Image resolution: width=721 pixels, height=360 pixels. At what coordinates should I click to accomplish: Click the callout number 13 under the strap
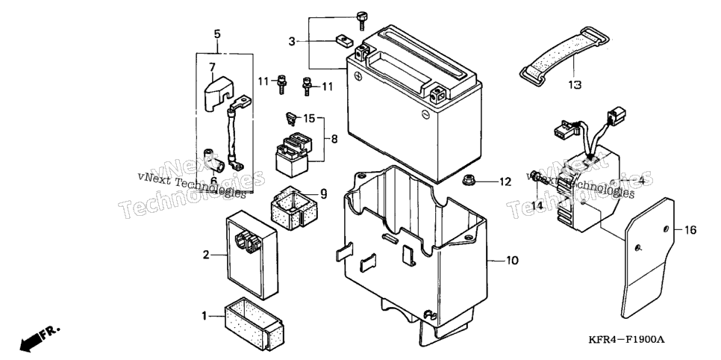(574, 84)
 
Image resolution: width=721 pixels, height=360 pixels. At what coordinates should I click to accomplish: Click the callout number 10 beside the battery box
(512, 261)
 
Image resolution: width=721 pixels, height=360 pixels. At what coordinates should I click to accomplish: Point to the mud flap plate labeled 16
(647, 258)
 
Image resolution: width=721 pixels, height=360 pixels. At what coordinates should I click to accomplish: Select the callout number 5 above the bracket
(217, 34)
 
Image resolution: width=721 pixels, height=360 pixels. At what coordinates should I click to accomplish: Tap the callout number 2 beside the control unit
(206, 255)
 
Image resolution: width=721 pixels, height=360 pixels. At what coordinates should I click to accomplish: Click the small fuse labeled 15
(290, 117)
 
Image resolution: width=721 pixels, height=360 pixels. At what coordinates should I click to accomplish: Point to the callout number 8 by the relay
(334, 139)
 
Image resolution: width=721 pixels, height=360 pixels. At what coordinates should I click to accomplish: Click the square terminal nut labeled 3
(342, 41)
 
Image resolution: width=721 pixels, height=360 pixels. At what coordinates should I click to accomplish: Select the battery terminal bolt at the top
(361, 21)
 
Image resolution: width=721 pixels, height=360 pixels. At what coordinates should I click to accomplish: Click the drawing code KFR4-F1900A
(626, 340)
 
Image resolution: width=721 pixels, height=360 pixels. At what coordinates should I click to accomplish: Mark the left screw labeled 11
(281, 84)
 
